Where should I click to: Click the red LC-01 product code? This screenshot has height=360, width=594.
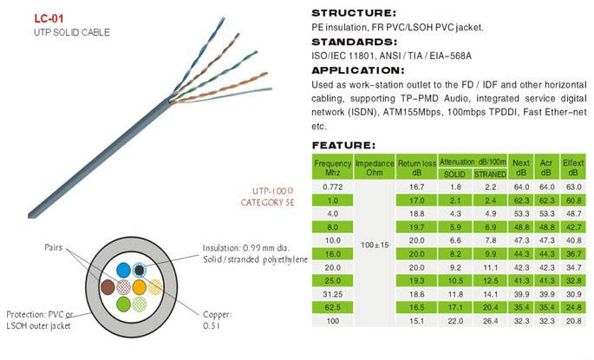pos(49,18)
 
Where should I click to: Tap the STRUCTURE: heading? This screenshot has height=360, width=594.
pos(354,13)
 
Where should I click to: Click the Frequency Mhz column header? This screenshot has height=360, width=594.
pos(333,167)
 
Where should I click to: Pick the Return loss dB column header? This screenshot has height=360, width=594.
pos(417,167)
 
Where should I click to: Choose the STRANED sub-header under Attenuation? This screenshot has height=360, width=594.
pos(490,174)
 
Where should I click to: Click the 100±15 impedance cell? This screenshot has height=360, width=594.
pos(375,245)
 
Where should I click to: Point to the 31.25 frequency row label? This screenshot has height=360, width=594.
pos(333,294)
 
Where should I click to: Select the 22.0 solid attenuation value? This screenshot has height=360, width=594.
pos(455,321)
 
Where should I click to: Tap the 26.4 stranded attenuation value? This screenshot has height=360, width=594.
pos(490,321)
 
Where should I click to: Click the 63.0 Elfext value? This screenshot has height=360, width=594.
pos(573,187)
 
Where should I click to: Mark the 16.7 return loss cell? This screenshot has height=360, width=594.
pos(417,187)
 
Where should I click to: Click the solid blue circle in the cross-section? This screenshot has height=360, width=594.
pos(123,271)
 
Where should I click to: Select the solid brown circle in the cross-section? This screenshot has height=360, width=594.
pos(108,287)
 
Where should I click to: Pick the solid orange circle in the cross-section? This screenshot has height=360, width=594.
pos(139,287)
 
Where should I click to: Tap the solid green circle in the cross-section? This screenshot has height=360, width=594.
pos(123,304)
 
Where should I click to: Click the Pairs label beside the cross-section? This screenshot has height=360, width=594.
pos(54,247)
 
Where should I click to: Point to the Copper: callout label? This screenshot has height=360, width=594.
pos(217,315)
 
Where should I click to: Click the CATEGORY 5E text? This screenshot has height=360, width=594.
pos(267,203)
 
